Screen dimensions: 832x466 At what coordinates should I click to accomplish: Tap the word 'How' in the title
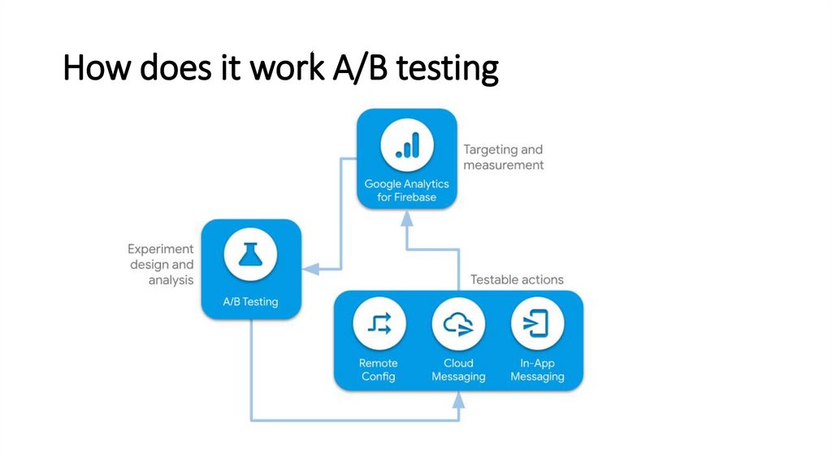(97, 67)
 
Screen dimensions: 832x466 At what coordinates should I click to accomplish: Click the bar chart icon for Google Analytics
(407, 145)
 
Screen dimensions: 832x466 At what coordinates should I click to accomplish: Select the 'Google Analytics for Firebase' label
(406, 190)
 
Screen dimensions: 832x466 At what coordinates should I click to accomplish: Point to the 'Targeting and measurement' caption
(504, 157)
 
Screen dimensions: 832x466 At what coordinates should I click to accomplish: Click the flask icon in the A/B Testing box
(250, 254)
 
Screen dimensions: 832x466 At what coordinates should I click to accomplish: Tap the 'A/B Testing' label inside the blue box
(250, 302)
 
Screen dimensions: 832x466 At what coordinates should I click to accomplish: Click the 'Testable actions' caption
(517, 280)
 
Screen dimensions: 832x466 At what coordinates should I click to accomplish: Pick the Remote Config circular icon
(379, 324)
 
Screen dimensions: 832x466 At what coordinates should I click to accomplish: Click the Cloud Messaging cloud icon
(458, 324)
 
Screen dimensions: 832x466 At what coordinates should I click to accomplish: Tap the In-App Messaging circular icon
(537, 324)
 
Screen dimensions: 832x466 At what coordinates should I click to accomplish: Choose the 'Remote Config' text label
(379, 369)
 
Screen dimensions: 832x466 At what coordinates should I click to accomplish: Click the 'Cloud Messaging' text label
(458, 370)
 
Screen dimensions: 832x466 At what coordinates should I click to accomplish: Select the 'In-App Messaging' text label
(537, 370)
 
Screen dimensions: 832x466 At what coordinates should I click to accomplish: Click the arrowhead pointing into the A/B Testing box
(311, 269)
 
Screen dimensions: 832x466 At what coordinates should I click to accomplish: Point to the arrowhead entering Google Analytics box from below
(407, 218)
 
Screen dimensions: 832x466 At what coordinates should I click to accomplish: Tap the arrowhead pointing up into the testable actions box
(458, 399)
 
